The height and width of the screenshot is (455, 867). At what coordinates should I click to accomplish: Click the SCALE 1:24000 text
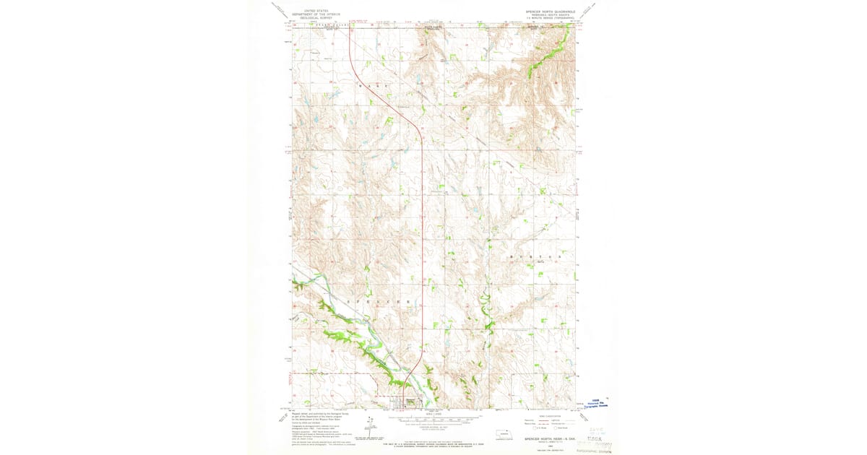434,413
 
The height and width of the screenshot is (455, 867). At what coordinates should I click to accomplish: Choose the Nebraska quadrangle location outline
503,435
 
